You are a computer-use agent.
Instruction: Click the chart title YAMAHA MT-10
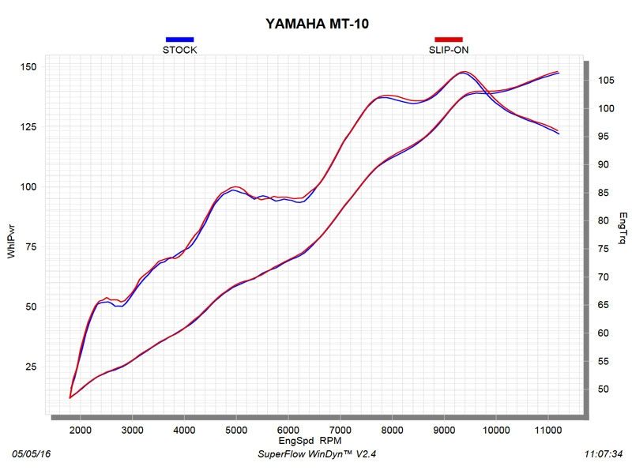pyautogui.click(x=317, y=24)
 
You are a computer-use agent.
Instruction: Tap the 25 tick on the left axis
pyautogui.click(x=29, y=367)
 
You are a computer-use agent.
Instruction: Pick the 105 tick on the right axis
pyautogui.click(x=607, y=81)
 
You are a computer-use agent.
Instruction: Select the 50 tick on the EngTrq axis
pyautogui.click(x=604, y=389)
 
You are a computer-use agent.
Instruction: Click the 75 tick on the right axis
pyautogui.click(x=604, y=249)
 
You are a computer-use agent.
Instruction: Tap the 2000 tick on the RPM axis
pyautogui.click(x=81, y=430)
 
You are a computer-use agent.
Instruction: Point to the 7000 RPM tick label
pyautogui.click(x=340, y=430)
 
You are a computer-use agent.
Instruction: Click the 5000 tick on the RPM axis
pyautogui.click(x=236, y=430)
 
